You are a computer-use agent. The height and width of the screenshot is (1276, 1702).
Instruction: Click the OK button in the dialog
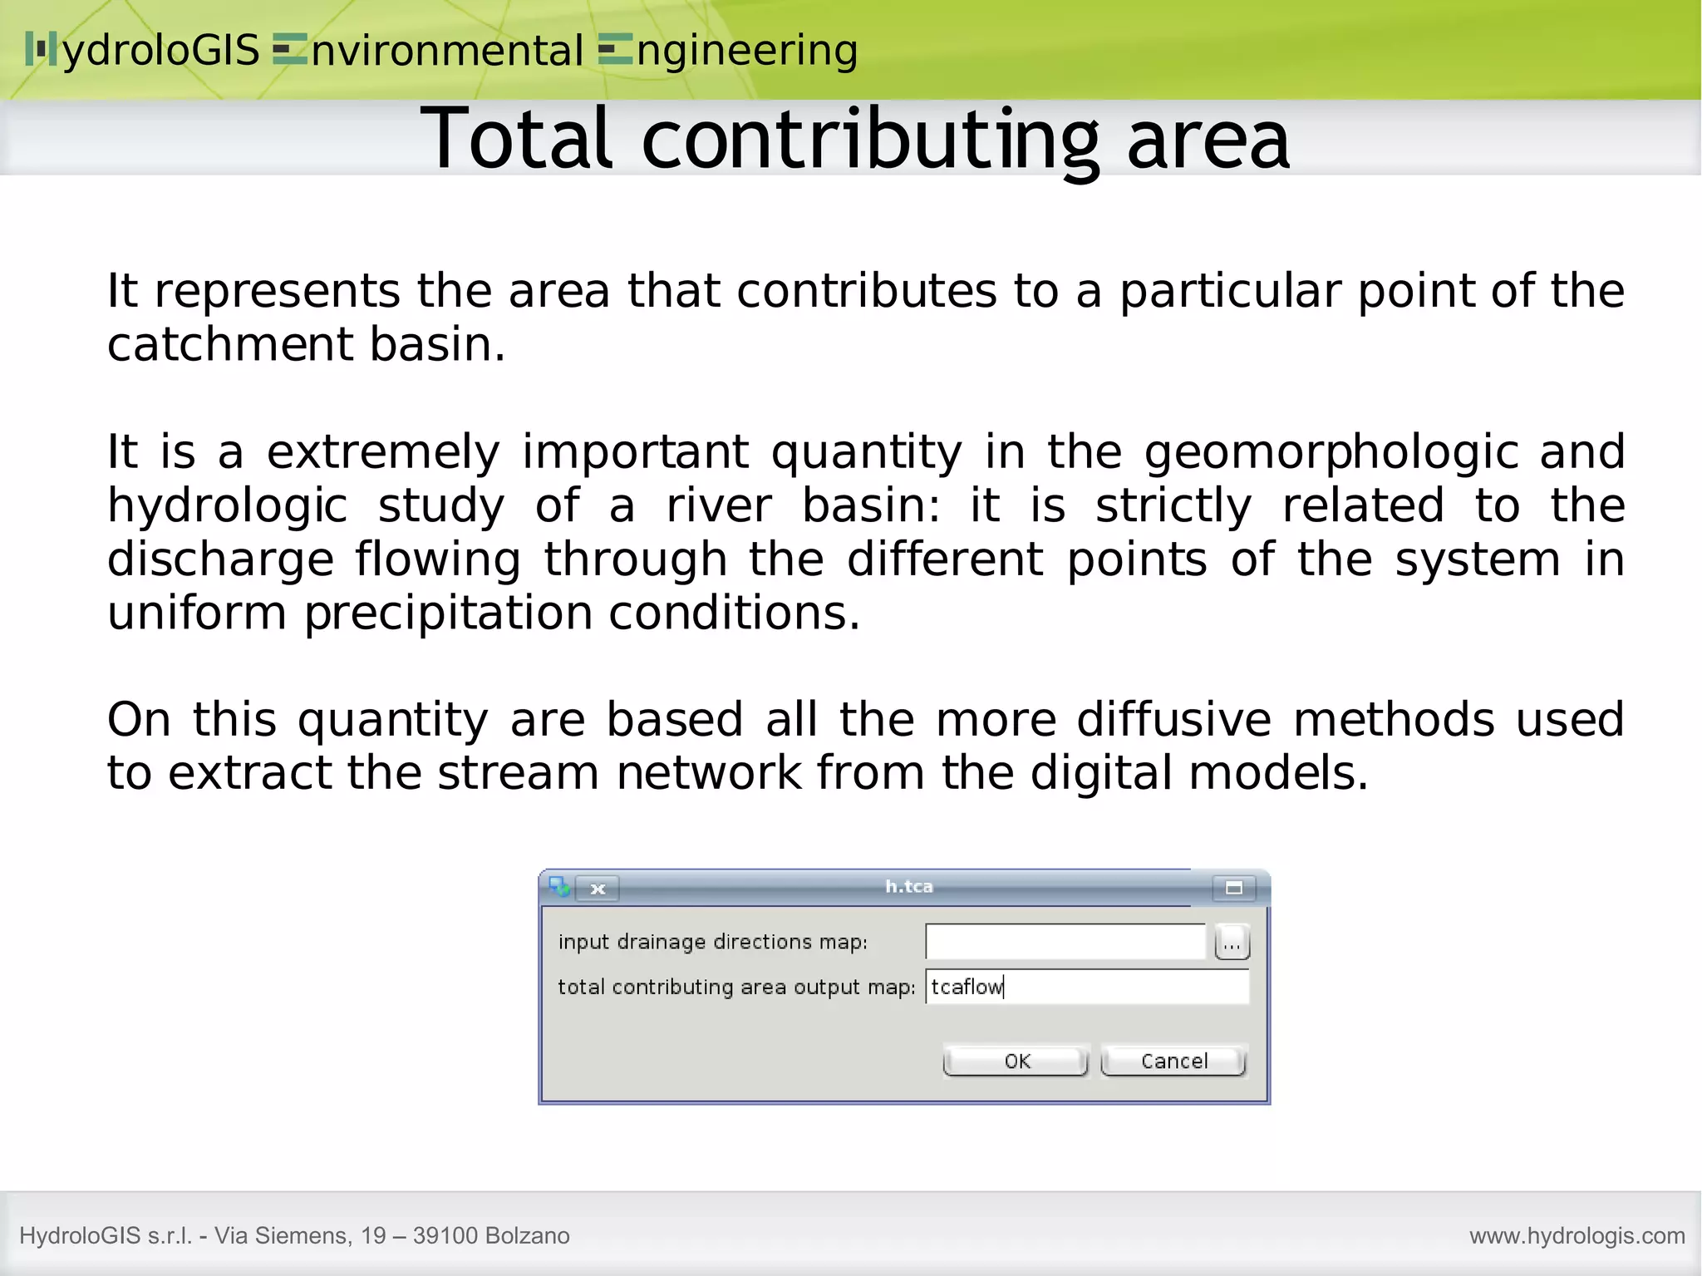click(x=1016, y=1061)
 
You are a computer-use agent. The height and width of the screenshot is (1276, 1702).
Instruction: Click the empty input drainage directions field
click(x=1065, y=941)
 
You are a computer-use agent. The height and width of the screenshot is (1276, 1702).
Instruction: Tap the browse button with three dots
click(x=1232, y=943)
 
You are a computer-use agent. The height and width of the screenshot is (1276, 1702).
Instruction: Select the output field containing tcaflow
click(x=1085, y=987)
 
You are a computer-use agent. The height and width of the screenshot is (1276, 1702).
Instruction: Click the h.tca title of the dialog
click(x=908, y=887)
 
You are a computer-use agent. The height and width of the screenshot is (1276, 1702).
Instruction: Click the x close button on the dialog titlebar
click(x=598, y=889)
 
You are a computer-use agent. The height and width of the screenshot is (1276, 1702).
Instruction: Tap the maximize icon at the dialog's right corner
click(x=1233, y=889)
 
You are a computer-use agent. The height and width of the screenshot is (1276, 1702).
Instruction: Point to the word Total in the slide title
click(x=517, y=139)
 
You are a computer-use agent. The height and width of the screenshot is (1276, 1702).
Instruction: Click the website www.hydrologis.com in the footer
click(x=1577, y=1235)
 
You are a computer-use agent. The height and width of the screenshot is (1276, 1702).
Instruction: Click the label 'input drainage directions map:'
click(x=712, y=942)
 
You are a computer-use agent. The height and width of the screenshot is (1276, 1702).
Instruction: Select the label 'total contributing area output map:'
click(x=735, y=987)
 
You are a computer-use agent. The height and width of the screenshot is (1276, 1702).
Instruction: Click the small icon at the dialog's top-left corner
click(x=558, y=886)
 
